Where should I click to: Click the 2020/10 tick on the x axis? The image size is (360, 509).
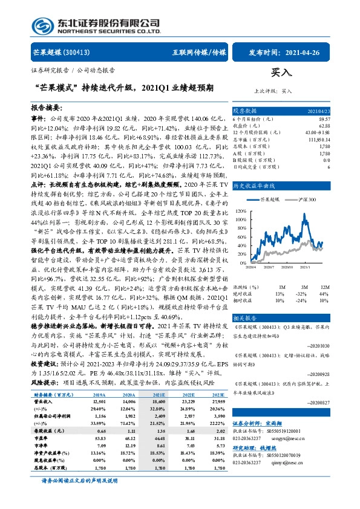(287, 267)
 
